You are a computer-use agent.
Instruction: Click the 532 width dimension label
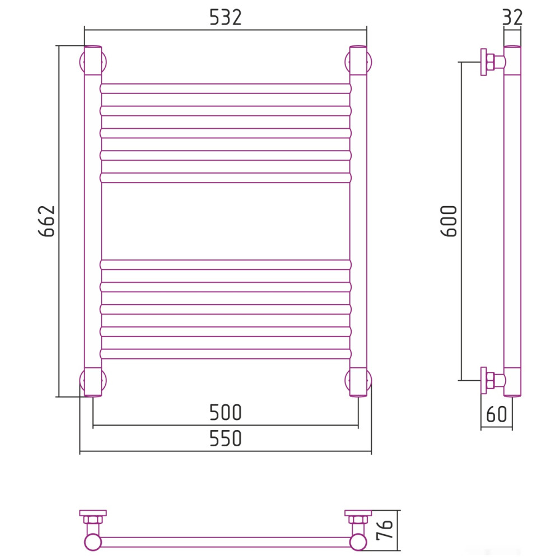[225, 17]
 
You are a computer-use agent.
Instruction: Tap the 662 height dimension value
[47, 221]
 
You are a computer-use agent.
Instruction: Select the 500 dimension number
[225, 413]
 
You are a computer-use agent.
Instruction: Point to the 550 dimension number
[225, 438]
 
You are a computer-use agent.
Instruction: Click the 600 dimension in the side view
[449, 221]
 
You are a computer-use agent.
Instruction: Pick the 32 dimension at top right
[512, 17]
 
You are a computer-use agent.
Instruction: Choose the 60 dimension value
[496, 414]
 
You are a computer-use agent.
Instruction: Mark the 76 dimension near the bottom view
[385, 530]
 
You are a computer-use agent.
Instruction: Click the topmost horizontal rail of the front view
[226, 88]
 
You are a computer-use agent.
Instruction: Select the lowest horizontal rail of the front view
[226, 354]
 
